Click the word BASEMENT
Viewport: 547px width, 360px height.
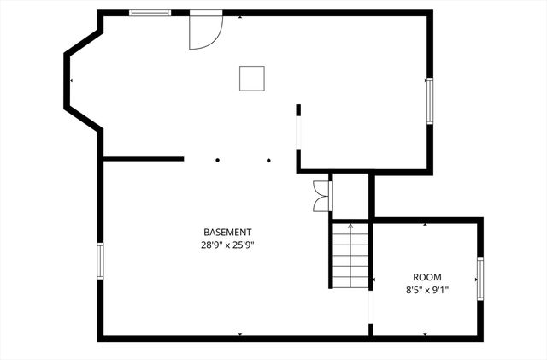pyautogui.click(x=227, y=233)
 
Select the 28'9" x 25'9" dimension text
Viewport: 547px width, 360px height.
pyautogui.click(x=227, y=245)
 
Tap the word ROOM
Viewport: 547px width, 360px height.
pyautogui.click(x=427, y=277)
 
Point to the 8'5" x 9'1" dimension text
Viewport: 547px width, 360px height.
pyautogui.click(x=427, y=290)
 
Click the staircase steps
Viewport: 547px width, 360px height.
pyautogui.click(x=350, y=257)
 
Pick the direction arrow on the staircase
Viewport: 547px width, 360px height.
pyautogui.click(x=350, y=227)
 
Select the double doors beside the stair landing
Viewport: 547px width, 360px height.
pyautogui.click(x=321, y=195)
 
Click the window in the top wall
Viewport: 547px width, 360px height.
pyautogui.click(x=150, y=13)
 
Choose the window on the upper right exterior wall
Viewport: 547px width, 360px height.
pyautogui.click(x=429, y=101)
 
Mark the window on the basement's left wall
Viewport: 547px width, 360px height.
pyautogui.click(x=100, y=261)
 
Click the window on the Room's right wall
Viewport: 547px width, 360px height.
pyautogui.click(x=479, y=279)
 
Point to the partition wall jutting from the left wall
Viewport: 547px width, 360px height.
pyautogui.click(x=143, y=158)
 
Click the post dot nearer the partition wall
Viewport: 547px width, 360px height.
pyautogui.click(x=218, y=160)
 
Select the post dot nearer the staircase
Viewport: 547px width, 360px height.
pyautogui.click(x=268, y=160)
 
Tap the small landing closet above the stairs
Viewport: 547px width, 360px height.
pyautogui.click(x=350, y=195)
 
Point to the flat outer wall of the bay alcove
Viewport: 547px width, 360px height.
pyautogui.click(x=67, y=80)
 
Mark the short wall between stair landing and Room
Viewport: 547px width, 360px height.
pyautogui.click(x=372, y=195)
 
